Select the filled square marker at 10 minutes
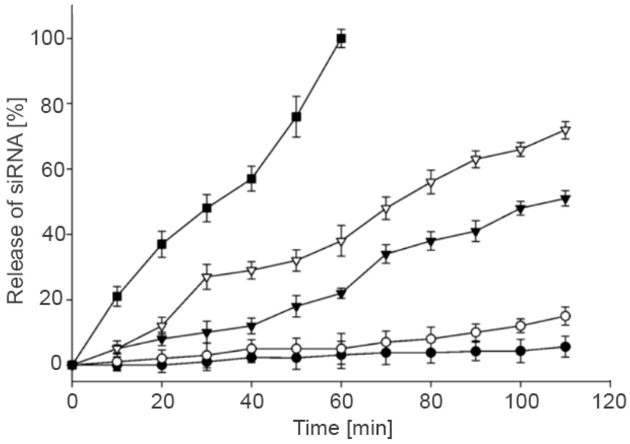pyautogui.click(x=117, y=297)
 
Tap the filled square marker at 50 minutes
pyautogui.click(x=296, y=117)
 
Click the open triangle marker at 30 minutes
pyautogui.click(x=207, y=277)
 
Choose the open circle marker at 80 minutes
pyautogui.click(x=431, y=339)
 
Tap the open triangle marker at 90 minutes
pyautogui.click(x=475, y=160)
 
